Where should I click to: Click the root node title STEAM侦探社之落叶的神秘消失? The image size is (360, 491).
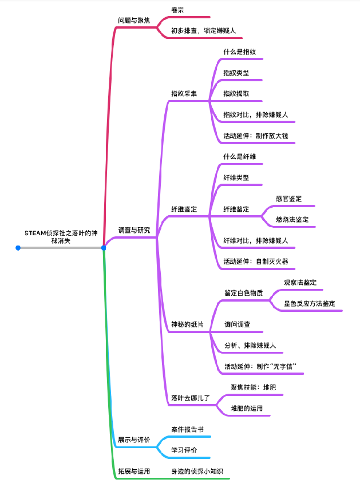61,237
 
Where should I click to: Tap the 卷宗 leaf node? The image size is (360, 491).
177,10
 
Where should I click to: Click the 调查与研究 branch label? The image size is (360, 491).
134,231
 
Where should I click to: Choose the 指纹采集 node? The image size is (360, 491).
184,93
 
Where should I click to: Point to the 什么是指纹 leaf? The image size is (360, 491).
239,52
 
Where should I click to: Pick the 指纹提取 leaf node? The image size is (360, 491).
236,93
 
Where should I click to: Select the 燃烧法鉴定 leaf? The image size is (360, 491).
292,220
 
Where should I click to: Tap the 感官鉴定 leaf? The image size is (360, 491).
288,199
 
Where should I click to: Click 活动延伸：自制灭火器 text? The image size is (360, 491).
255,262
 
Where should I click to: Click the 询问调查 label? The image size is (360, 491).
237,324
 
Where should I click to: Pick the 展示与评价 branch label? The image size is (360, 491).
134,439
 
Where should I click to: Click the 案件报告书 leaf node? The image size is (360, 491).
187,429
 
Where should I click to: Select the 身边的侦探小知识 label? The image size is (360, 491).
197,471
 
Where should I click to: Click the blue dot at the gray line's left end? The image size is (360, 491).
18,248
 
